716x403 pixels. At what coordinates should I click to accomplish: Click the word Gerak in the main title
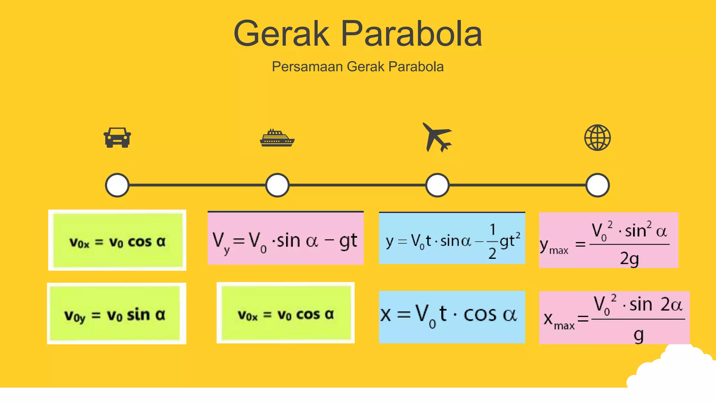281,34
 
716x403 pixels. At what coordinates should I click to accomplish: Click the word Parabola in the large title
411,34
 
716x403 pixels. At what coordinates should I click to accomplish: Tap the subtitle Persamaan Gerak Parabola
358,66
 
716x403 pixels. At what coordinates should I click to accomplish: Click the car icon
117,137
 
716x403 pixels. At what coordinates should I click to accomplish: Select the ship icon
277,138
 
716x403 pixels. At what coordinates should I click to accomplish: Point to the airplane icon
437,137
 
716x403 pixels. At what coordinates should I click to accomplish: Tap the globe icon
597,137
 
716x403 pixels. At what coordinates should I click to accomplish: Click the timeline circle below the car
117,185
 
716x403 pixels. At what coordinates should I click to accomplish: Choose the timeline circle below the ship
277,185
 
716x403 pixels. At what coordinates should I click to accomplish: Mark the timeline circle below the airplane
437,185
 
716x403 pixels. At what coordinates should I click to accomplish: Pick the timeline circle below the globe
597,185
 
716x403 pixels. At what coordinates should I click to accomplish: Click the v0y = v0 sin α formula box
116,313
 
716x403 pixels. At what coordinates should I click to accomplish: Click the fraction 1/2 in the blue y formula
492,241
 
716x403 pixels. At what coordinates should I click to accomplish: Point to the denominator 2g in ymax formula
629,259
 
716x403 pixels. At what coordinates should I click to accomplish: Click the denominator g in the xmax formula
638,335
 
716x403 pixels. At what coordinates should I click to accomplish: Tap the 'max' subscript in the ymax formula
559,250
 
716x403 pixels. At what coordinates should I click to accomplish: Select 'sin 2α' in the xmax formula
656,304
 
